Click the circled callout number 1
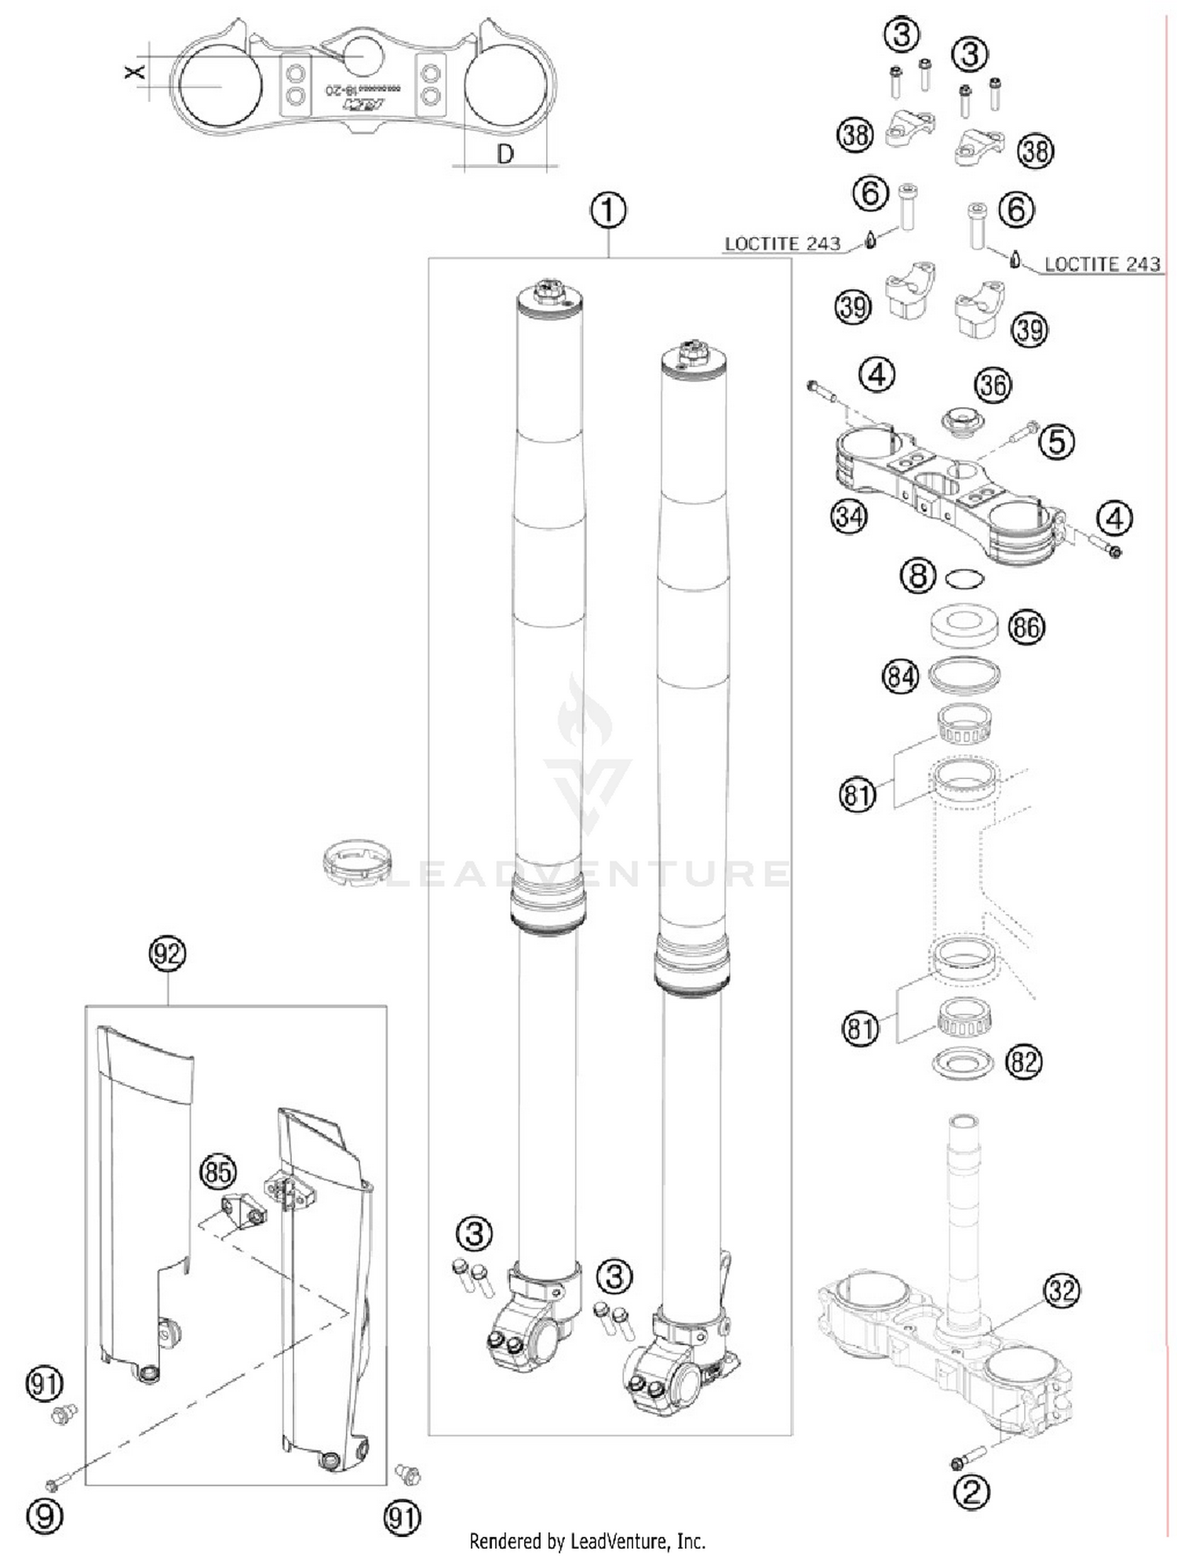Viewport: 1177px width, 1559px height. point(609,211)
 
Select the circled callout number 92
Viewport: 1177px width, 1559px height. point(167,954)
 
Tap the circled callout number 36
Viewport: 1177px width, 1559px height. point(993,385)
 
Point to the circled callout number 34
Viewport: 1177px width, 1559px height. point(849,517)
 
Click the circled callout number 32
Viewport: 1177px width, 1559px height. point(1062,1290)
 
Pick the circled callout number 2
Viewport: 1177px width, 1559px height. point(971,1493)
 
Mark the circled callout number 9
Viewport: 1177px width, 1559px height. point(45,1517)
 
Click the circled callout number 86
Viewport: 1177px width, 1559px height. point(1026,627)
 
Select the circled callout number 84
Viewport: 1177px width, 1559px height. point(900,676)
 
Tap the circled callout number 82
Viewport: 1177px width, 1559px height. point(1024,1062)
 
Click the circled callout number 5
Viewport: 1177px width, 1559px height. point(1056,442)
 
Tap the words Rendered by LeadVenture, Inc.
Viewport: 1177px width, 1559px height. point(587,1541)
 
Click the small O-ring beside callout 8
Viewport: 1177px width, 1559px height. point(964,580)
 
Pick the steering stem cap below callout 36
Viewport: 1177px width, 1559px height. point(963,418)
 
